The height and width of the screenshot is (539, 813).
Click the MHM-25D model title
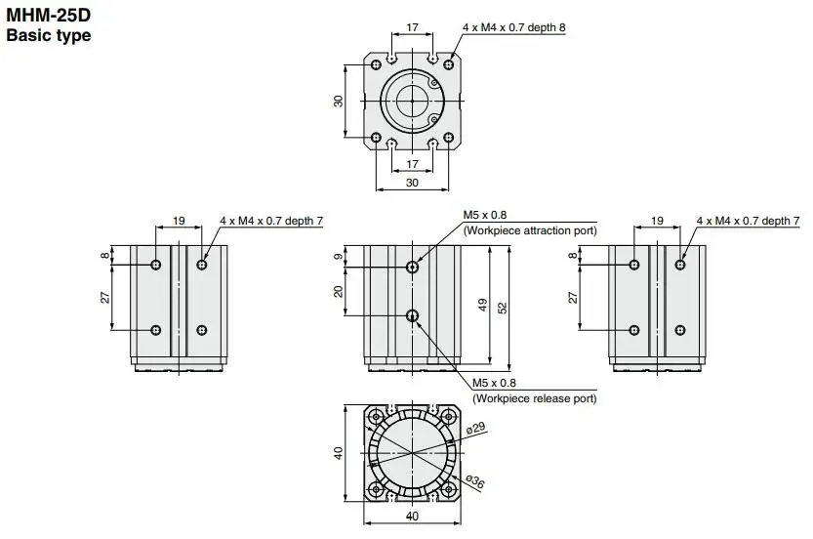click(48, 15)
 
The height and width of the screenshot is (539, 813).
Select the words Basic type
click(48, 35)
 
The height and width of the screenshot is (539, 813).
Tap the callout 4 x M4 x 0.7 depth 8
click(513, 27)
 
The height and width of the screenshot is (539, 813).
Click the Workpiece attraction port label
click(530, 230)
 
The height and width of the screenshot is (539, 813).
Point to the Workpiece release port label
click(535, 398)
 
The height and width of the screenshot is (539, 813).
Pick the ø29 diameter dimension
click(475, 428)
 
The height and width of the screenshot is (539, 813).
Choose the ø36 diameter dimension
click(475, 482)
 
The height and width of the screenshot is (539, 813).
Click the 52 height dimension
click(503, 308)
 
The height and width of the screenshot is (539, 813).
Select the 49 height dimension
click(483, 305)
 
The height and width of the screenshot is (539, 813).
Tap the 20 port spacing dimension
click(339, 292)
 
